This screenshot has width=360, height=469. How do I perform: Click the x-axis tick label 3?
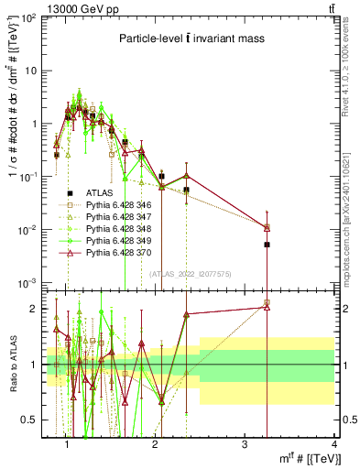[245, 445]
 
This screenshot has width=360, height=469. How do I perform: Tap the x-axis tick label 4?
[334, 445]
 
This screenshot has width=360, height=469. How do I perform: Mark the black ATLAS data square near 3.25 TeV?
[267, 245]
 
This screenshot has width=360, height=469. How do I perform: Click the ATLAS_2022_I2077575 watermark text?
[189, 273]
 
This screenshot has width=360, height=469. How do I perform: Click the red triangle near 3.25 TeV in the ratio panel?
[267, 308]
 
